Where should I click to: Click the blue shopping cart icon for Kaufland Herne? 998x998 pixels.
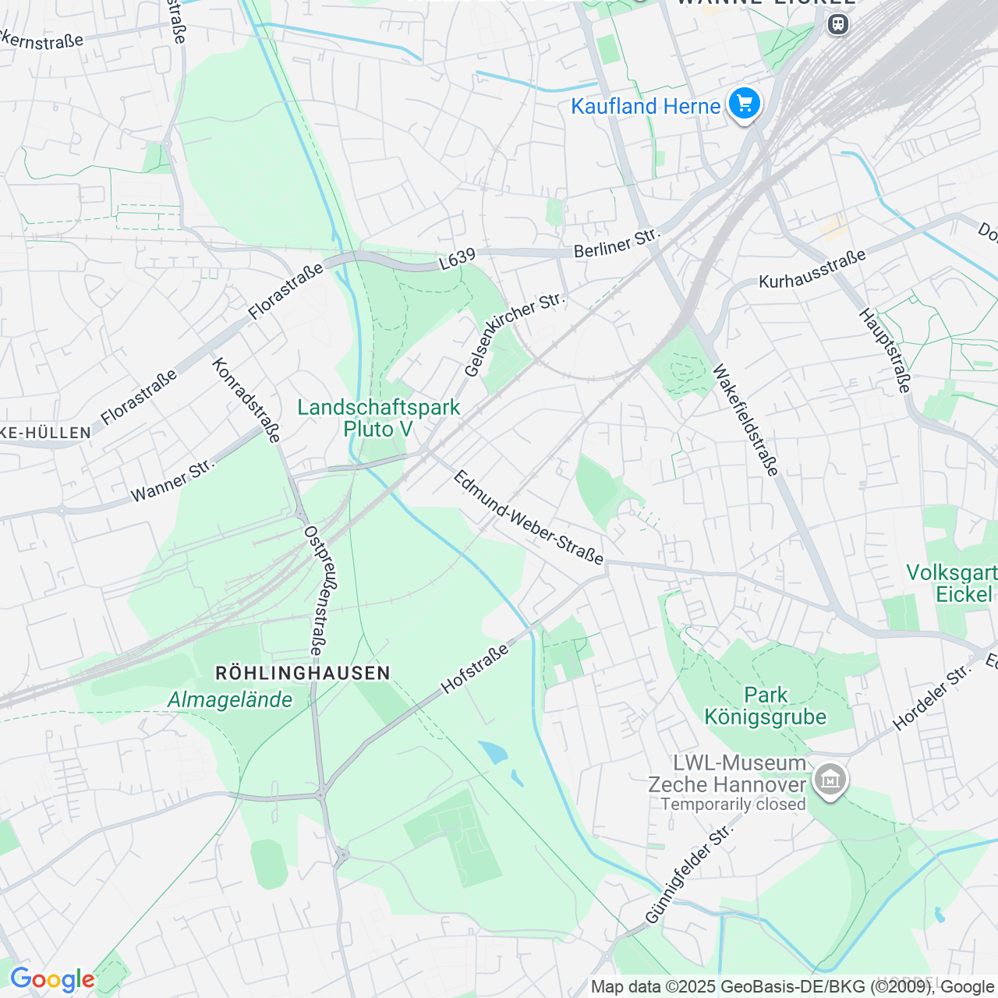click(x=745, y=103)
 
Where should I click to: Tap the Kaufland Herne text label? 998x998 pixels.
click(x=645, y=107)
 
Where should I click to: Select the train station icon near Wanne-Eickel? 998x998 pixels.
click(x=838, y=24)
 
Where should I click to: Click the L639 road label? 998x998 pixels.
click(x=457, y=260)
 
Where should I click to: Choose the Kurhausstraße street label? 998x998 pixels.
click(x=812, y=269)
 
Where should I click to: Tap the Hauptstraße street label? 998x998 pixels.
click(x=885, y=350)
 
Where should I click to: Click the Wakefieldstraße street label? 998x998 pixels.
click(x=745, y=419)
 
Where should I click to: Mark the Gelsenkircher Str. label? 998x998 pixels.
click(x=513, y=334)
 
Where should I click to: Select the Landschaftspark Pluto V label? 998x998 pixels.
click(x=379, y=418)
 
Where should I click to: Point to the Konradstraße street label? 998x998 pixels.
click(x=246, y=400)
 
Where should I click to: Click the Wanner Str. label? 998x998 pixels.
click(x=172, y=481)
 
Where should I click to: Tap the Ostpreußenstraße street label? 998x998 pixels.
click(x=314, y=590)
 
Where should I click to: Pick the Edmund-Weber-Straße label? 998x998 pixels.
click(x=529, y=517)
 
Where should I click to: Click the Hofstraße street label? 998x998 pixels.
click(x=474, y=669)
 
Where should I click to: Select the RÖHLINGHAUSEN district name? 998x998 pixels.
click(x=303, y=673)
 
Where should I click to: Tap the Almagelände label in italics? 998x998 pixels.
click(x=230, y=700)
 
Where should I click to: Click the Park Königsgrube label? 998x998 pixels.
click(x=765, y=706)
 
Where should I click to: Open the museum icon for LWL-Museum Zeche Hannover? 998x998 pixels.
click(x=830, y=779)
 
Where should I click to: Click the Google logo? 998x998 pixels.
click(x=51, y=979)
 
